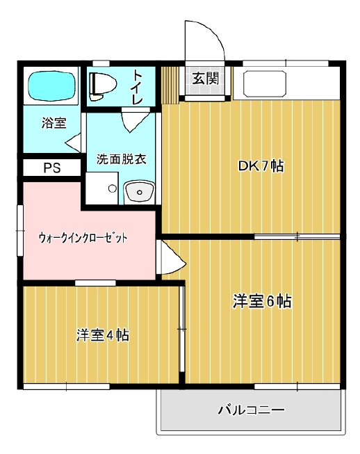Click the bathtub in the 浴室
(51, 86)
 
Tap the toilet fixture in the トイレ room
(102, 86)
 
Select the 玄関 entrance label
(206, 78)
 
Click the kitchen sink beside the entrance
(265, 84)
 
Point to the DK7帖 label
(261, 166)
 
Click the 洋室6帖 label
(262, 301)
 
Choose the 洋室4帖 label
(103, 335)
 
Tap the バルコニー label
(251, 410)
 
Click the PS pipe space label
(52, 168)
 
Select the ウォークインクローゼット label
(83, 238)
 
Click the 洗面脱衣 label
(121, 159)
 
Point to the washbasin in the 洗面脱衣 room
(139, 191)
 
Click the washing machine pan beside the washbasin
(102, 188)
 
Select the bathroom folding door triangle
(74, 143)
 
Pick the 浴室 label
(54, 123)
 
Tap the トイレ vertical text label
(137, 88)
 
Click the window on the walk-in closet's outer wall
(20, 230)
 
